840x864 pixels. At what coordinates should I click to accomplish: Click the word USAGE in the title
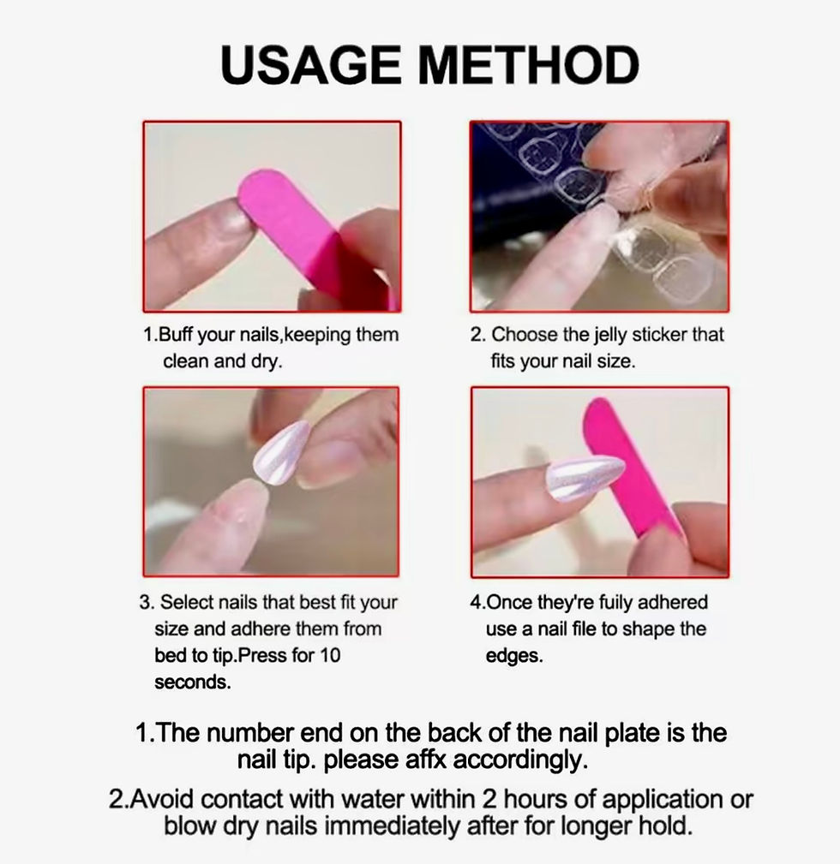(x=310, y=64)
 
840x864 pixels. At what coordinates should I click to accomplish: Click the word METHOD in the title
(x=529, y=64)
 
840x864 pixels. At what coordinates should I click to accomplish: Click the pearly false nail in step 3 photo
(x=281, y=452)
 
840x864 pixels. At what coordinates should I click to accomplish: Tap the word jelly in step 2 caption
(x=610, y=335)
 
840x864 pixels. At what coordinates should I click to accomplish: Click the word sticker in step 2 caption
(x=660, y=335)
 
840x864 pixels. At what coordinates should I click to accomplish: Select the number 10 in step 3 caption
(x=330, y=655)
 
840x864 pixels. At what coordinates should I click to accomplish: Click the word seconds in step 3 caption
(x=193, y=682)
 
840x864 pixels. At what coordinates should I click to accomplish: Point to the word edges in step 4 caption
(x=514, y=656)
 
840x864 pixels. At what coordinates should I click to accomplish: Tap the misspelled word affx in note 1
(x=426, y=760)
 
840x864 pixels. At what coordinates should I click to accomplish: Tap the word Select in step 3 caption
(x=187, y=602)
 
